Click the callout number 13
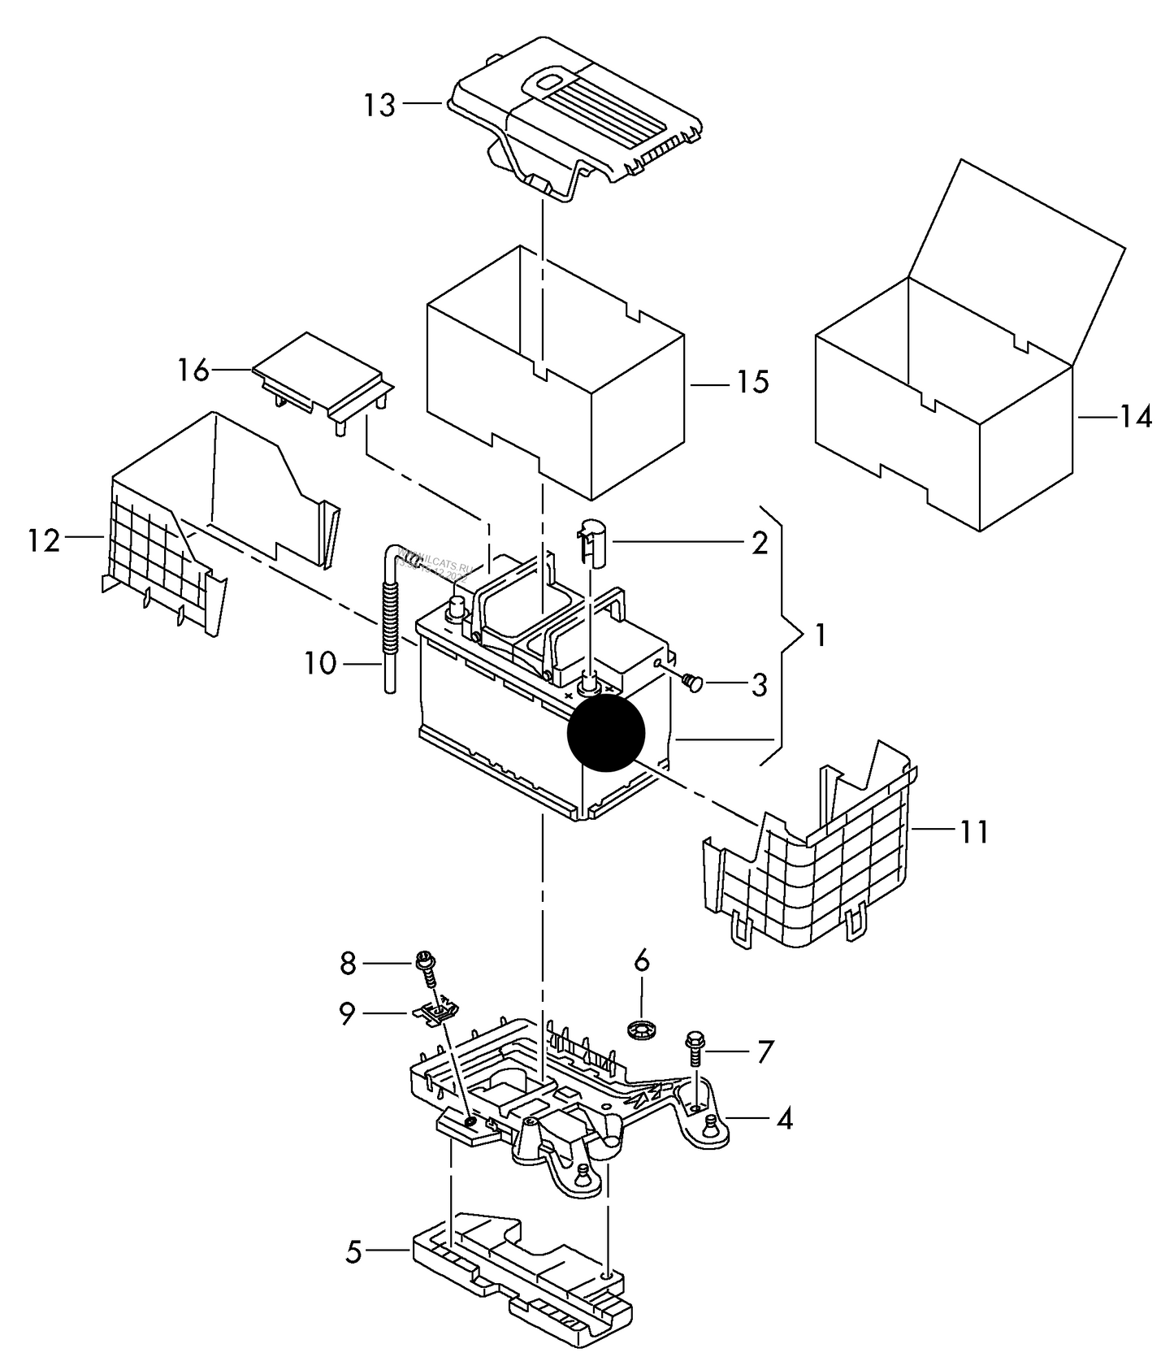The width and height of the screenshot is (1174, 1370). click(379, 105)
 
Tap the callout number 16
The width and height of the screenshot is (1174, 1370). click(194, 371)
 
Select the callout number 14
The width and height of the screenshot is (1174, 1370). click(1136, 418)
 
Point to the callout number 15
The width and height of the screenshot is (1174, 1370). click(753, 382)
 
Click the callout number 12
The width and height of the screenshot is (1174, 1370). click(44, 540)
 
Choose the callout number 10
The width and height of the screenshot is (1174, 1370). click(321, 664)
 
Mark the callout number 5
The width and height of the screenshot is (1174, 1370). click(353, 1252)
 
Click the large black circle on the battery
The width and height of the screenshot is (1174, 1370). click(606, 732)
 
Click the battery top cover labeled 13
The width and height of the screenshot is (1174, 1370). click(577, 122)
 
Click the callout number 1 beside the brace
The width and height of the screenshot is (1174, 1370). click(820, 635)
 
